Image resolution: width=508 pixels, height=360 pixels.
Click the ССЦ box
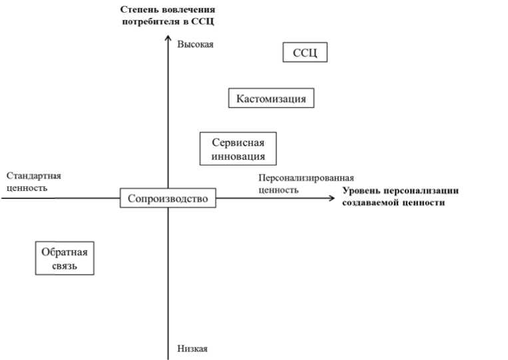[306, 53]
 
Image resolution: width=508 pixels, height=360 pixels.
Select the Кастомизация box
[271, 98]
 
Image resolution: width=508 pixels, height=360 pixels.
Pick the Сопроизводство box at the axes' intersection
[168, 198]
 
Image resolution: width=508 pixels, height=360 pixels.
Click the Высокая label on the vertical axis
[198, 45]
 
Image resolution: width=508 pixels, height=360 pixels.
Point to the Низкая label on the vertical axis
[193, 349]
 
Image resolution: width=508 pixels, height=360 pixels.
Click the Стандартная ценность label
[33, 182]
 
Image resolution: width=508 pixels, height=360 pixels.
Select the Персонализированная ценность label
[306, 184]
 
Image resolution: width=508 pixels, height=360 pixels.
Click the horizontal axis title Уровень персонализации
[401, 197]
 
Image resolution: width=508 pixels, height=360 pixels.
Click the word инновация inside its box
[238, 157]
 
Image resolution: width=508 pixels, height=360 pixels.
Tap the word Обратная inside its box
[65, 252]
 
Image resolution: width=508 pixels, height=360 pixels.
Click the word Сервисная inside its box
[238, 143]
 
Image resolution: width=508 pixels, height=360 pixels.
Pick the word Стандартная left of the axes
[33, 176]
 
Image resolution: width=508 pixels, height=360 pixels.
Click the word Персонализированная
[306, 178]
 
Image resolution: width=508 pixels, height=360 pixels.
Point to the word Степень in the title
[140, 10]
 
